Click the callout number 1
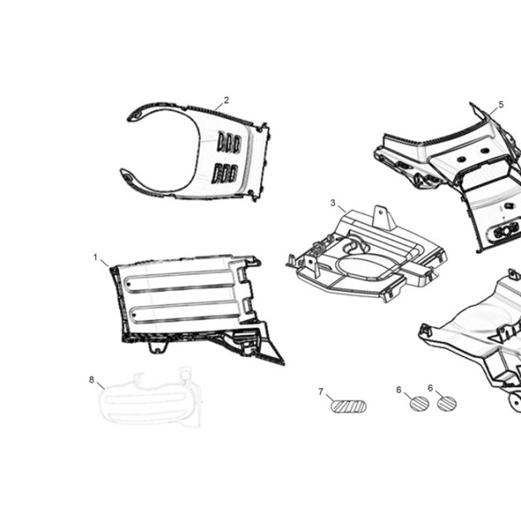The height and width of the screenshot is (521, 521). [95, 257]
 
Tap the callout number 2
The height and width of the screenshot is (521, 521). [227, 100]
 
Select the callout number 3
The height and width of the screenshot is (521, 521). [333, 203]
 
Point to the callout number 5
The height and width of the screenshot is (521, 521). [500, 105]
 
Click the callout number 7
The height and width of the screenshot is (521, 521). [321, 392]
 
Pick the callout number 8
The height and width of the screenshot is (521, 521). [92, 380]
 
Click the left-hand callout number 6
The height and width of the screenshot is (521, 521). [399, 390]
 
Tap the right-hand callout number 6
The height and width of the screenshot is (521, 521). [430, 388]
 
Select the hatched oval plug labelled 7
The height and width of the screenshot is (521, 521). [348, 406]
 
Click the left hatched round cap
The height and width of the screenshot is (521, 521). [419, 404]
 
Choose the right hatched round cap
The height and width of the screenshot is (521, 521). [447, 404]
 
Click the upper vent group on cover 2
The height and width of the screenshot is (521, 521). [229, 142]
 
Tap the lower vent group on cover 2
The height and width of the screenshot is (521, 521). [225, 173]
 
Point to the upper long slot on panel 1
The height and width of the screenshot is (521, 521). [180, 282]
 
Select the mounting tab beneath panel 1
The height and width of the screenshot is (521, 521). [157, 347]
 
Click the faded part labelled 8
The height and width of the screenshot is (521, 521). [150, 399]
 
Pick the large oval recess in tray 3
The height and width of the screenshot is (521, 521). [365, 266]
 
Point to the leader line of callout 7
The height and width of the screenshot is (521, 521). [330, 398]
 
